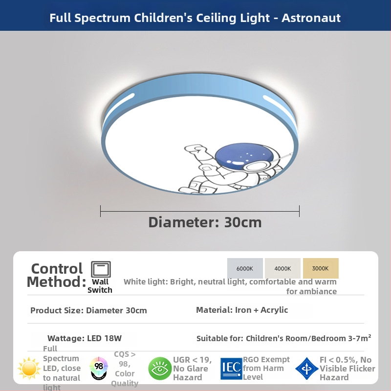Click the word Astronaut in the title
(311, 18)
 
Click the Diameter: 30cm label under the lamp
(205, 222)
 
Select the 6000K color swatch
(245, 268)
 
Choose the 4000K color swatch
(282, 268)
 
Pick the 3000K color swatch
(321, 268)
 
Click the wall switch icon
(101, 269)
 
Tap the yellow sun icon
(29, 369)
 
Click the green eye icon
(160, 369)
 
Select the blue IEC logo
(231, 369)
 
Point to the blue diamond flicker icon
(307, 369)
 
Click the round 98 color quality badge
(99, 368)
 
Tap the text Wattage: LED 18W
(85, 338)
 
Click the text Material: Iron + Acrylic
(242, 310)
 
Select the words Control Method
(56, 275)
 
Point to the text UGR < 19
(192, 360)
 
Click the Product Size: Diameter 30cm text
(88, 310)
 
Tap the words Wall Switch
(100, 286)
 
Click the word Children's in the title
(163, 18)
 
